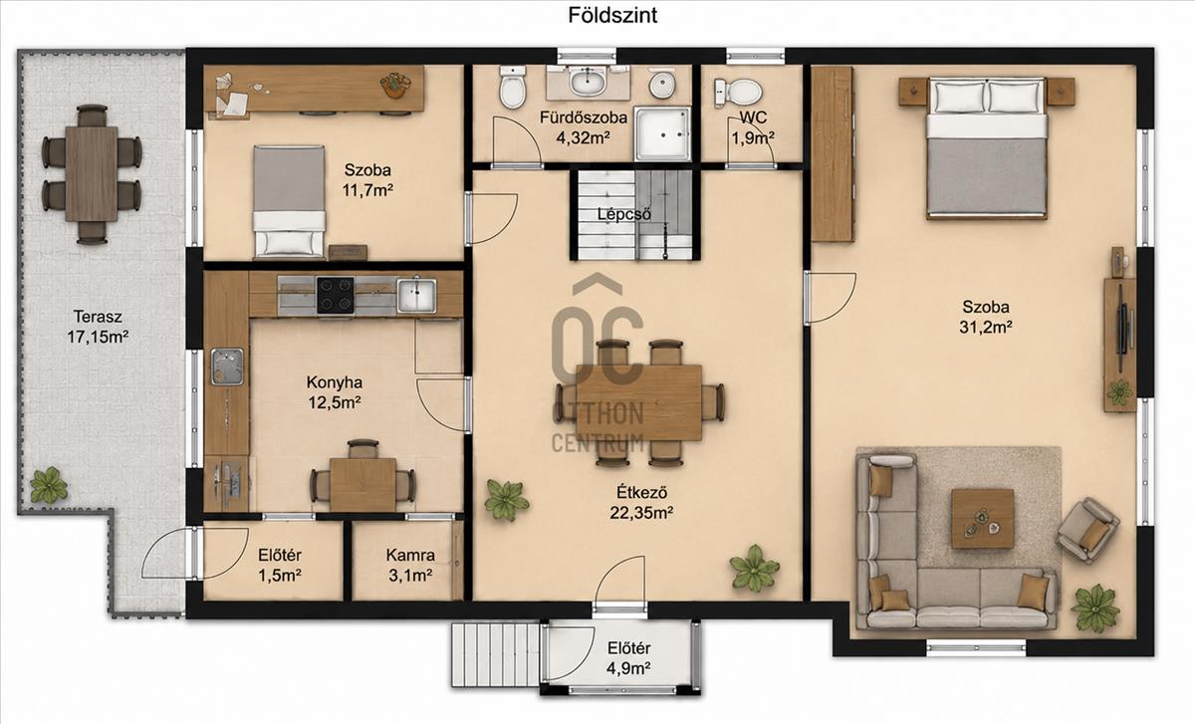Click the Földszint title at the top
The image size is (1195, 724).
611,15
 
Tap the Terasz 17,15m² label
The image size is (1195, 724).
98,327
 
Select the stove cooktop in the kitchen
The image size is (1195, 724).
335,295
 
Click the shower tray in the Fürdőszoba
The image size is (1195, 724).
662,133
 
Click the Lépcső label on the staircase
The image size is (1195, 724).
623,214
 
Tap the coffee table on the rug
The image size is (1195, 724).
983,519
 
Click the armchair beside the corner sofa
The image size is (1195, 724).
1087,529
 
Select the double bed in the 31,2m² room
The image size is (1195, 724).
987,148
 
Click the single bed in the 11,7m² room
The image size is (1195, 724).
289,202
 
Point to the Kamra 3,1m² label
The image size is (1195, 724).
410,565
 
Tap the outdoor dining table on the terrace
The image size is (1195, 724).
92,174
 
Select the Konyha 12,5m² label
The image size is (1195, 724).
335,392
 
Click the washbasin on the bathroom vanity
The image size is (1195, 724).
588,83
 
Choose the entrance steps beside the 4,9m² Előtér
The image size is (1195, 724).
496,655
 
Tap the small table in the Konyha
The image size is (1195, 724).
362,485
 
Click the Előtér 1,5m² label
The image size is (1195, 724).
280,565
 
